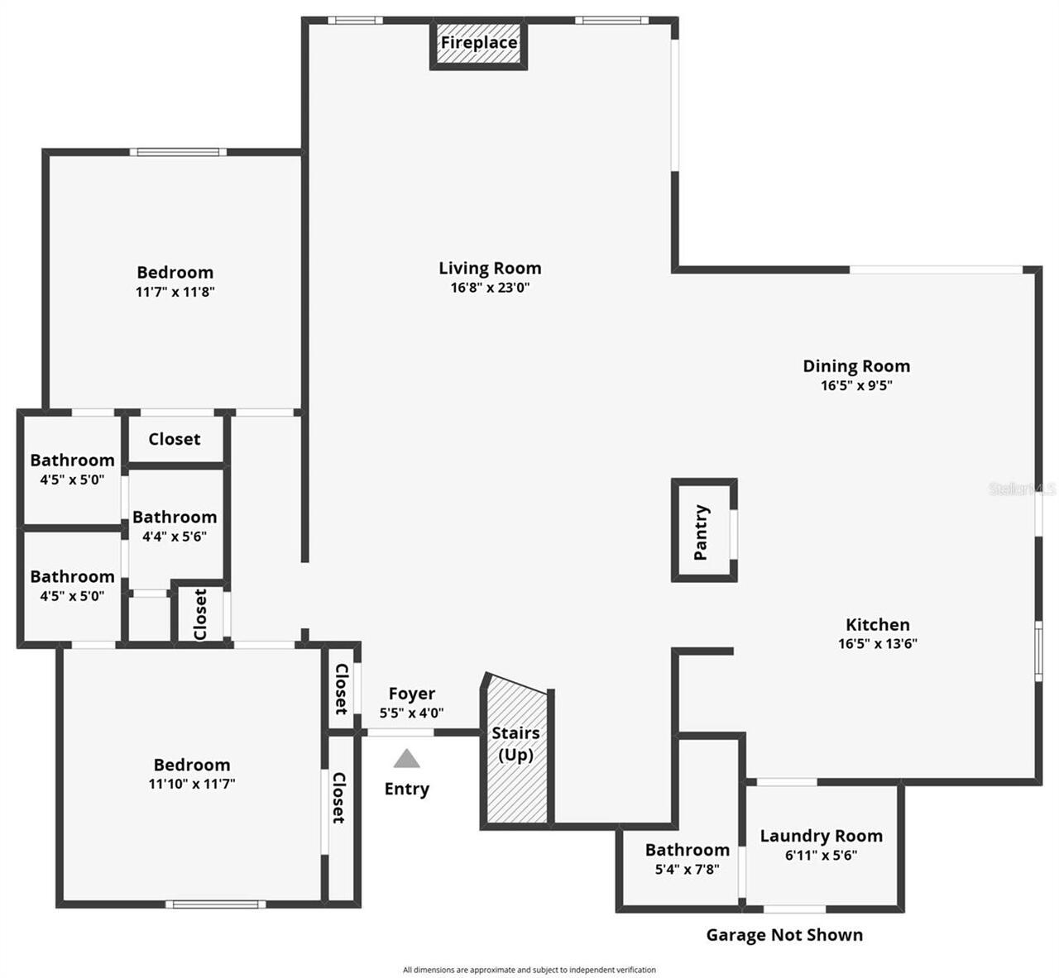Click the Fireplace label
[478, 43]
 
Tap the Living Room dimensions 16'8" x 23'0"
[490, 288]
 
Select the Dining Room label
[856, 365]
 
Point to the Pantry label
[702, 532]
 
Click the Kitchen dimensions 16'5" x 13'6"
[877, 644]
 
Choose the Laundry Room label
[821, 836]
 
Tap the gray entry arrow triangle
[406, 758]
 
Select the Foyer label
[411, 694]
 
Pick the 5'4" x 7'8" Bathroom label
[687, 850]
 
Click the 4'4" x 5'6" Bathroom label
[175, 518]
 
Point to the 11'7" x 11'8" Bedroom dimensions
[175, 292]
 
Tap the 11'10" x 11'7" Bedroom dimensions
[192, 784]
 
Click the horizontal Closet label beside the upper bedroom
[174, 439]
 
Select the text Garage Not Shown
[783, 935]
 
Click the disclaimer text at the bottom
[529, 970]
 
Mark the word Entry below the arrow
[406, 789]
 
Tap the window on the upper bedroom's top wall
[178, 152]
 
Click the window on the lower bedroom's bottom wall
[215, 904]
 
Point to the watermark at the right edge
[1023, 489]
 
